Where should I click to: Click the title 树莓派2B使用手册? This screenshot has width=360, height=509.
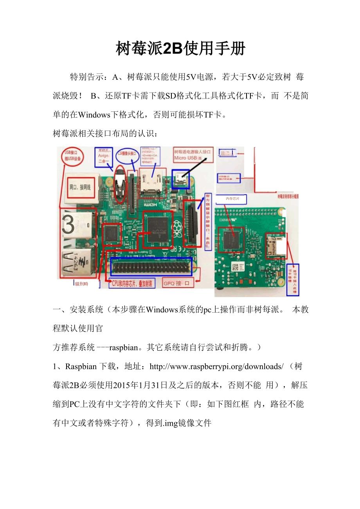tap(180, 49)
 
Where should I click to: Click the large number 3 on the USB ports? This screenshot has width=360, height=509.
tap(68, 225)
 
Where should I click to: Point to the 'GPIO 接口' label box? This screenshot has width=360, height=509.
tap(178, 283)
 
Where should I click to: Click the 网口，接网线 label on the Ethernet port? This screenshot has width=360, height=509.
tap(80, 187)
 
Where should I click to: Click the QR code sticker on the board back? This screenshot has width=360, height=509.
tap(235, 267)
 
